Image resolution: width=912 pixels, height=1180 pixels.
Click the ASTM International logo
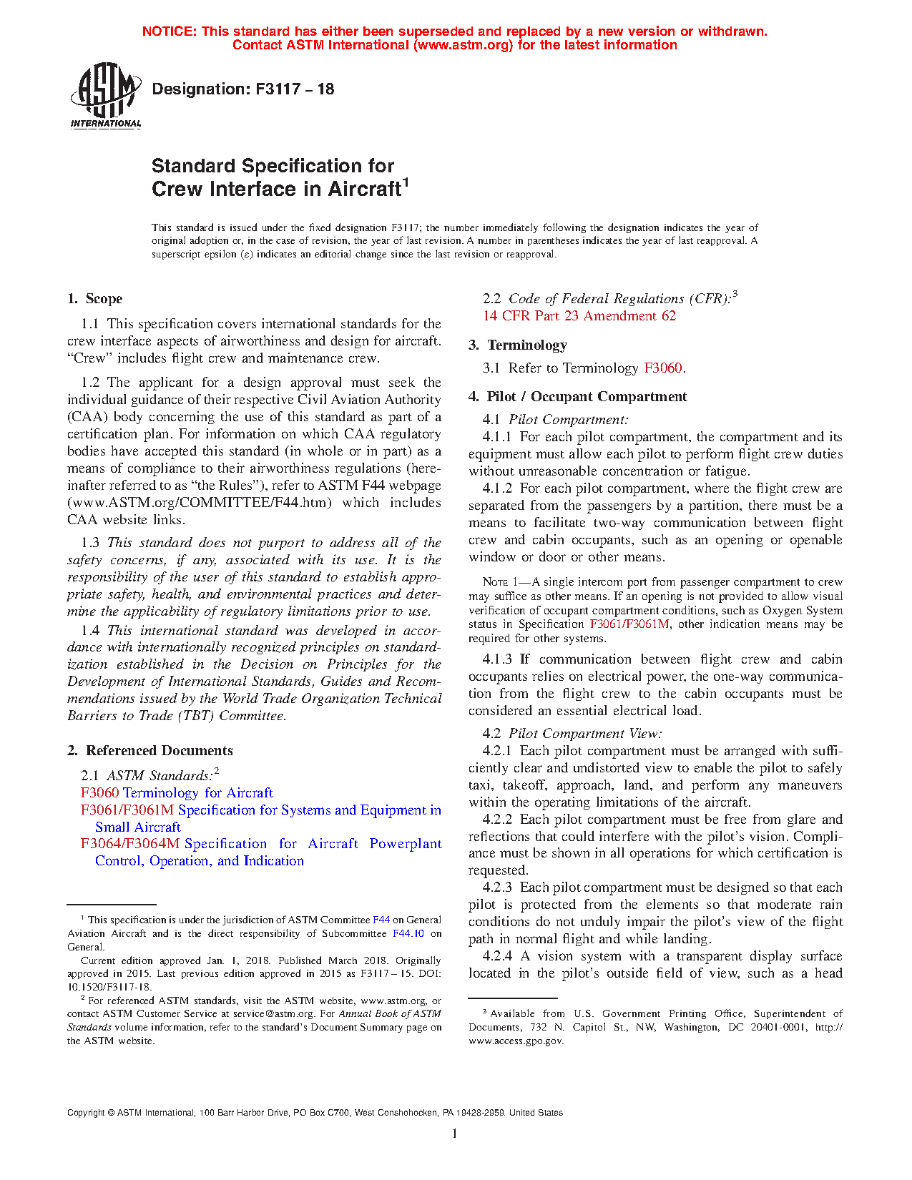(x=105, y=95)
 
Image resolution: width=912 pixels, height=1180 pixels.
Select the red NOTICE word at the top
(x=169, y=31)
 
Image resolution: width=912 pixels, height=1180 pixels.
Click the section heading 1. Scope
(x=95, y=299)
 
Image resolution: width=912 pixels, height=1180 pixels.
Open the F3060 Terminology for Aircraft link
(x=177, y=792)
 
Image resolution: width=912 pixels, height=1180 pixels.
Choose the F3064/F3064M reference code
(x=130, y=844)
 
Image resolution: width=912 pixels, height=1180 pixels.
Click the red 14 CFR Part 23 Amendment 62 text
(x=579, y=316)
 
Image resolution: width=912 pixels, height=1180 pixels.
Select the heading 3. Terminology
(x=518, y=345)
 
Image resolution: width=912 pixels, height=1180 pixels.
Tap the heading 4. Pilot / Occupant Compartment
(x=578, y=397)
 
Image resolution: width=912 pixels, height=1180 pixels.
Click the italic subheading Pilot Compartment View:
(x=585, y=734)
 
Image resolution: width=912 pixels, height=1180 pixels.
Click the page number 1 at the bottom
(x=455, y=1134)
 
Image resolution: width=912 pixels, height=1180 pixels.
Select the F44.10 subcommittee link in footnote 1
(x=408, y=933)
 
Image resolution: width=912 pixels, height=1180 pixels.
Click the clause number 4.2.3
(x=498, y=888)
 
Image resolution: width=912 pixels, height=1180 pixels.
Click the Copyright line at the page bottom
(x=315, y=1113)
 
